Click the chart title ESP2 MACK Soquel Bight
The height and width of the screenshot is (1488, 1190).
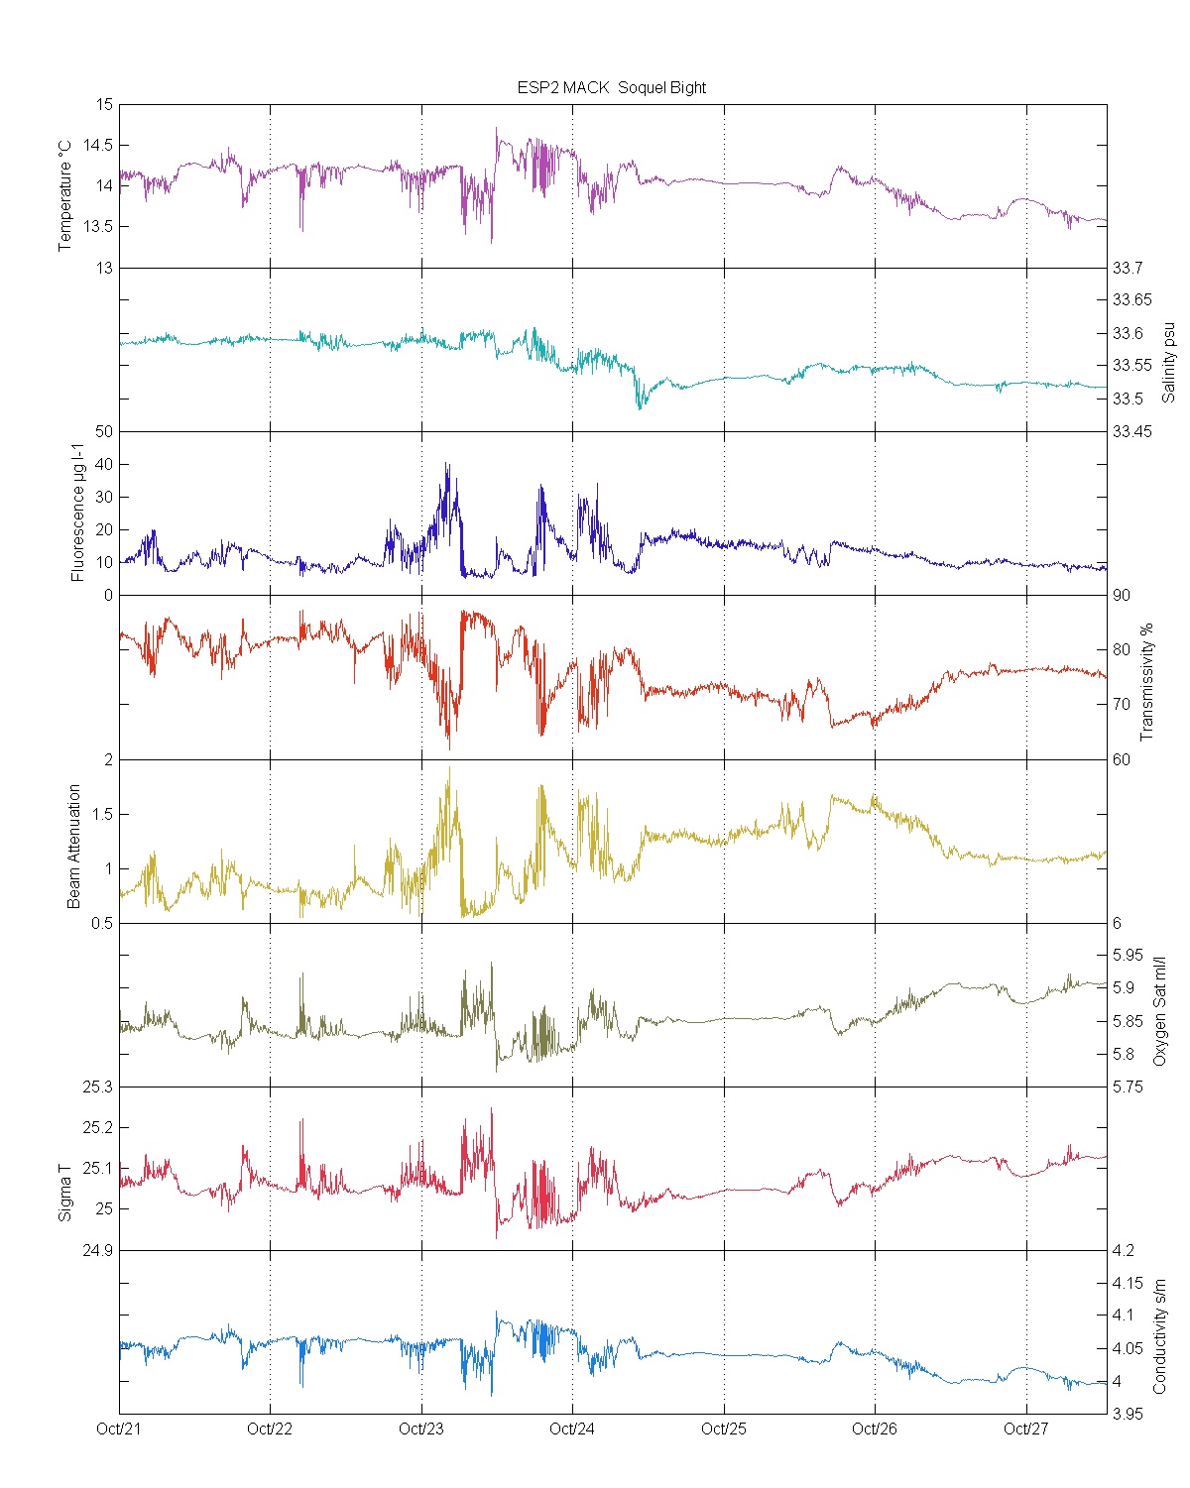click(611, 87)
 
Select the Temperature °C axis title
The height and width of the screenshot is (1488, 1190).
click(65, 195)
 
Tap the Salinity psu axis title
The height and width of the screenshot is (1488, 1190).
click(1168, 361)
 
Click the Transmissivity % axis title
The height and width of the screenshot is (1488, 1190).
click(1147, 682)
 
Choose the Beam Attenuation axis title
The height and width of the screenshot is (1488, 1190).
click(74, 846)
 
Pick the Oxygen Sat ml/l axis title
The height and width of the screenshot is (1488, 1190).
click(1159, 1010)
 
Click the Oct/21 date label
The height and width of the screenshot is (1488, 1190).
click(119, 1429)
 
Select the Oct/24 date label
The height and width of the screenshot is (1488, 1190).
click(572, 1429)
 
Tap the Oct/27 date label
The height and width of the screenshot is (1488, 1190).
click(1025, 1429)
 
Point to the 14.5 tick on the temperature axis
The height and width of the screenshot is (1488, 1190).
click(97, 145)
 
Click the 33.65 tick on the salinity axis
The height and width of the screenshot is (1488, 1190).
click(1131, 299)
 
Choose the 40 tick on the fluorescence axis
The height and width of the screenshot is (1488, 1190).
click(104, 464)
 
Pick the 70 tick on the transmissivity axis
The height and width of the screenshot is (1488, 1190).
click(1122, 705)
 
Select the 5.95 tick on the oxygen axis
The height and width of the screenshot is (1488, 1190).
click(1129, 955)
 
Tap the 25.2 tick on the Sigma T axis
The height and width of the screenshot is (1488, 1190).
click(97, 1127)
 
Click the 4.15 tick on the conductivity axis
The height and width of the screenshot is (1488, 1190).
click(1129, 1283)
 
